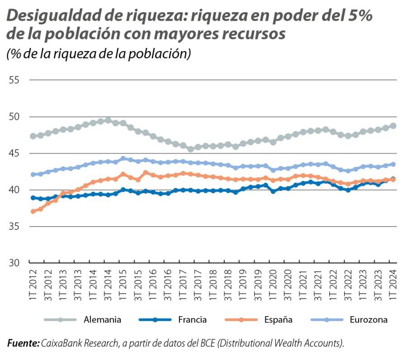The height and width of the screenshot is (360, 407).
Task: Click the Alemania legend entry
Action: click(x=102, y=320)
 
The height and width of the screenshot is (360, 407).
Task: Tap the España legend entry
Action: click(x=279, y=320)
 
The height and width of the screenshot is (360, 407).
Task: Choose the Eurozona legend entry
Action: click(x=368, y=320)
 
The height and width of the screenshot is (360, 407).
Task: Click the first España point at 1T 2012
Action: click(x=33, y=211)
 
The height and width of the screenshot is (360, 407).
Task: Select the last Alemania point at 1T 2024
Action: click(x=393, y=126)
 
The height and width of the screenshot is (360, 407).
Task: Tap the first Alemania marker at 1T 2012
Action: click(x=33, y=136)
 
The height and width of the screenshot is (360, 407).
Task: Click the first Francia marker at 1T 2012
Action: click(x=33, y=198)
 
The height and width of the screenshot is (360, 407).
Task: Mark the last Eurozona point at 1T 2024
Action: click(x=393, y=164)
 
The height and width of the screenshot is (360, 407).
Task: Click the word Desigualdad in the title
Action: click(x=49, y=17)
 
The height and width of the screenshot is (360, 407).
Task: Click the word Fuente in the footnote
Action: click(x=23, y=344)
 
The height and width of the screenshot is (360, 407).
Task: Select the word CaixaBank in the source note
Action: click(x=61, y=344)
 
